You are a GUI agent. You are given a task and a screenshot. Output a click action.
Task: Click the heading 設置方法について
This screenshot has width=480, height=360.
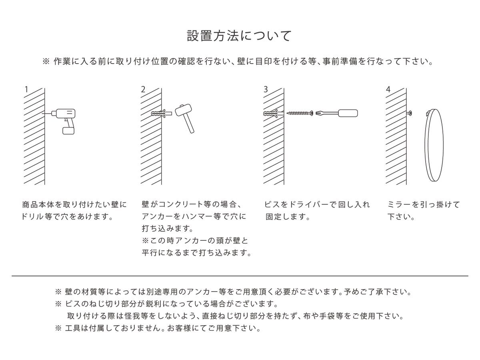click(x=240, y=36)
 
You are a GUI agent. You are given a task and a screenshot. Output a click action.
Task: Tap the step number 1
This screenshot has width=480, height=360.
click(x=26, y=89)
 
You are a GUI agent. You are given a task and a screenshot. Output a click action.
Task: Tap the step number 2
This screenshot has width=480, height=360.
click(x=143, y=89)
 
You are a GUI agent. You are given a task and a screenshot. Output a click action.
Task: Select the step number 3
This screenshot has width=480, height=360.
click(x=266, y=89)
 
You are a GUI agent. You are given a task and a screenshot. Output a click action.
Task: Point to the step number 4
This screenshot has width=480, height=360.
click(x=388, y=89)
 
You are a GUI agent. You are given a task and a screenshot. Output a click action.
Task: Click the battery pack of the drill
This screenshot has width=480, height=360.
click(x=69, y=130)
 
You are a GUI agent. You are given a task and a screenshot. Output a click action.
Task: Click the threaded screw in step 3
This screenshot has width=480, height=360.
click(x=300, y=113)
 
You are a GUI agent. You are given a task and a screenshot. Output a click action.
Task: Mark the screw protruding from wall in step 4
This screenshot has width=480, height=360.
click(x=410, y=113)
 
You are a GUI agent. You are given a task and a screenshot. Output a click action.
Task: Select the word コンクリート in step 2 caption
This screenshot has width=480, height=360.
click(x=180, y=205)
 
